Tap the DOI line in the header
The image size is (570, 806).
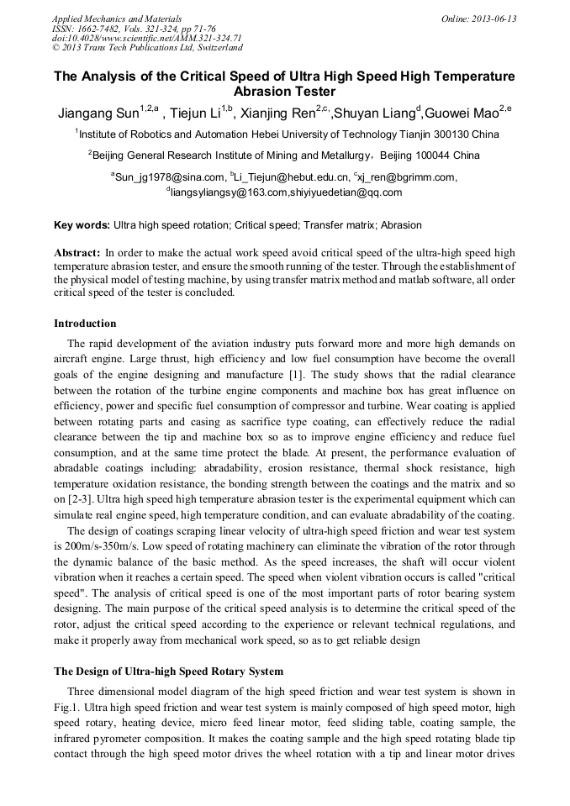click(147, 38)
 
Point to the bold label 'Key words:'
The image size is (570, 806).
click(82, 225)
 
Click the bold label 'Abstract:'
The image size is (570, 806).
click(77, 253)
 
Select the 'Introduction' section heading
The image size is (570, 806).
click(85, 324)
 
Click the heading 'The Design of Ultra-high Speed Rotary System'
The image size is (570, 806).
click(169, 672)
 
